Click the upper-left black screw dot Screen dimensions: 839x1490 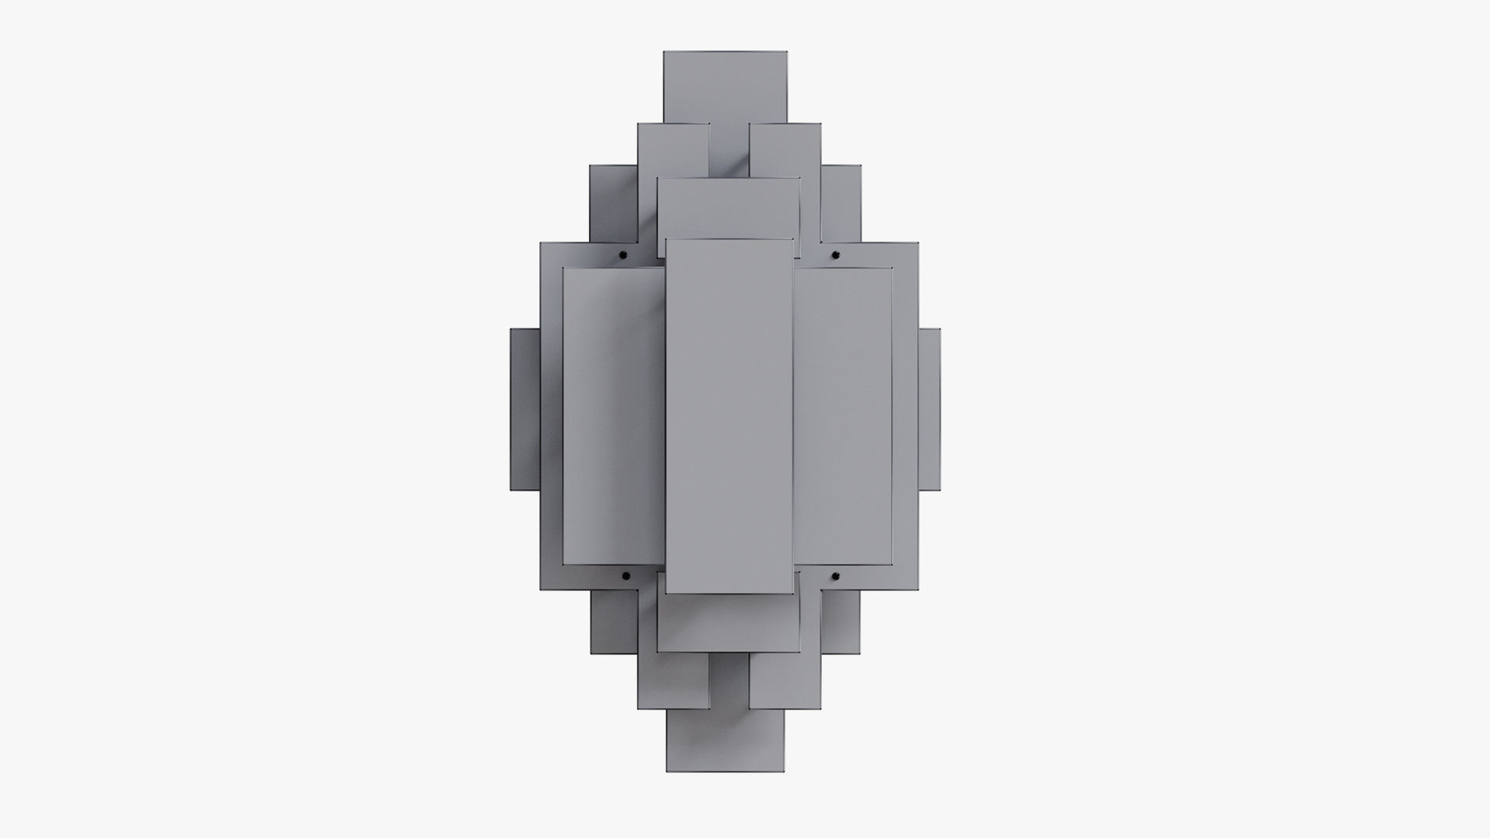point(624,255)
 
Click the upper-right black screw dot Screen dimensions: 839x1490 point(836,255)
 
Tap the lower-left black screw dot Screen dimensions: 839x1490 point(625,577)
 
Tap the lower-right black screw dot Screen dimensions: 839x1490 point(837,576)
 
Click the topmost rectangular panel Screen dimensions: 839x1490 point(726,85)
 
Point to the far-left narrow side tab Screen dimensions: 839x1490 point(525,409)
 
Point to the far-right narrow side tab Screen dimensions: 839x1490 point(930,409)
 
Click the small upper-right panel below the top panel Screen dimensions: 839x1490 point(785,149)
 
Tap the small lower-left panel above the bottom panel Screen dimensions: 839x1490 point(673,681)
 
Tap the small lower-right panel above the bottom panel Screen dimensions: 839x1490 point(785,681)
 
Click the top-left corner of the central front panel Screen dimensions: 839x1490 point(667,240)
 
